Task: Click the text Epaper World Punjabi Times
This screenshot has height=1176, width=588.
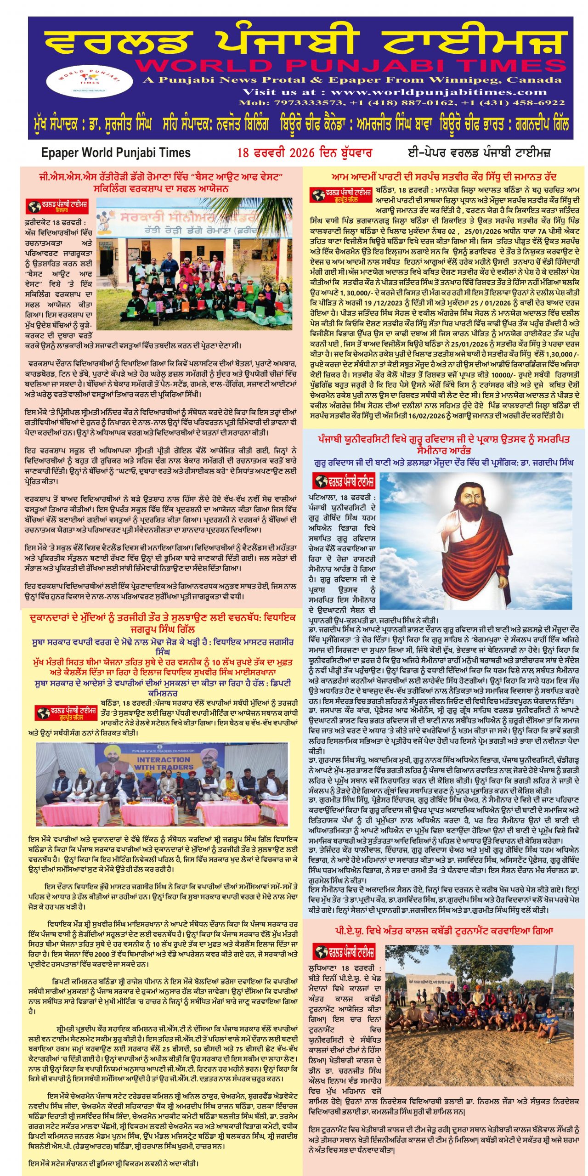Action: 116,153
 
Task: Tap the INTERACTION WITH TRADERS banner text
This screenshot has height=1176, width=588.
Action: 164,763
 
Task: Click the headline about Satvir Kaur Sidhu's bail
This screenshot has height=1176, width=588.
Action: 444,177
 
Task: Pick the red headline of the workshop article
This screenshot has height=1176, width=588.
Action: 161,182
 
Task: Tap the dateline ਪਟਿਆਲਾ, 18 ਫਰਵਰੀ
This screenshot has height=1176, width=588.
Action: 342,498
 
